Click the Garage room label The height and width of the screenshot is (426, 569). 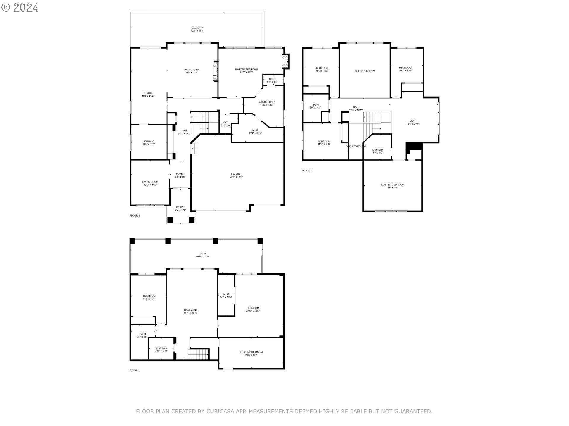pos(236,175)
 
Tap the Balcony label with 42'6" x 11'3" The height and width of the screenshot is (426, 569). pos(197,29)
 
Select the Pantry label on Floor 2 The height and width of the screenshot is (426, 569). pos(149,143)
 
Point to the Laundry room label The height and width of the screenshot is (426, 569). pos(378,151)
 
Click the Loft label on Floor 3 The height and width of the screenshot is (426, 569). pos(413,122)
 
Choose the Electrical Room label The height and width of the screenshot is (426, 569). pos(251,354)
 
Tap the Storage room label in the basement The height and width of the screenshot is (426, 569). pos(161,349)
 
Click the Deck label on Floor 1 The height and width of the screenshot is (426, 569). pos(203,255)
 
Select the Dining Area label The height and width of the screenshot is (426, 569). pos(191,71)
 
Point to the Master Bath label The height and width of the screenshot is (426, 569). pos(266,103)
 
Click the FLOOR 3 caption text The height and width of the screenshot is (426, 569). pos(307,170)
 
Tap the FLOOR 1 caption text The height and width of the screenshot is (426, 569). pos(134,370)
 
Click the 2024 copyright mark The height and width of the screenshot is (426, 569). pos(20,7)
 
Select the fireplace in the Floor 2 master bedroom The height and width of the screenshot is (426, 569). pos(285,61)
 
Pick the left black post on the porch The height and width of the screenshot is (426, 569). pos(170,220)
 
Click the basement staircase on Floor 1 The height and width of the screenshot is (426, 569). pos(198,354)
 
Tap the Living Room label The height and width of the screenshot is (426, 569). pos(150,183)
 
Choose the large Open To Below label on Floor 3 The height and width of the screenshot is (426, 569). pos(365,71)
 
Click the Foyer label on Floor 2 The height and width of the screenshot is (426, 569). pos(180,175)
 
